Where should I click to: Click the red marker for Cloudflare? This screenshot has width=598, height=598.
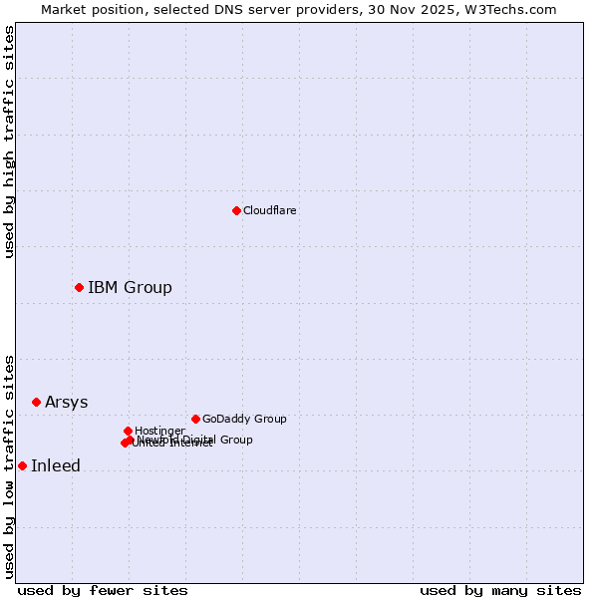coord(236,210)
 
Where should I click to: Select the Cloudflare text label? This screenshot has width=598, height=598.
coord(269,210)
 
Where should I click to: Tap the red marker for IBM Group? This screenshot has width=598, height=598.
coord(79,287)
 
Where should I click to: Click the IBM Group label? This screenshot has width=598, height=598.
coord(130,287)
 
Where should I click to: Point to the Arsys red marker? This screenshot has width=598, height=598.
coord(36,402)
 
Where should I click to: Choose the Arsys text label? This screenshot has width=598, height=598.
coord(66,402)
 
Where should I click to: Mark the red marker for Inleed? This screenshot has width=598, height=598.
coord(22,465)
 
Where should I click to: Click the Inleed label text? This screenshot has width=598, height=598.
coord(55,465)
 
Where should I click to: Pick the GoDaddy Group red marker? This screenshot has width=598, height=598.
coord(195,419)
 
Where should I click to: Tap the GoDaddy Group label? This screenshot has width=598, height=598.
coord(244,419)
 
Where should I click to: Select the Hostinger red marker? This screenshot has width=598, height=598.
coord(128,431)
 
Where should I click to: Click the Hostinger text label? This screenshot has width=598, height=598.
coord(159,431)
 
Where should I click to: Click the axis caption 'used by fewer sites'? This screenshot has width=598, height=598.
coord(103,590)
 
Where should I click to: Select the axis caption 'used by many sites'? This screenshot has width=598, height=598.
coord(500,590)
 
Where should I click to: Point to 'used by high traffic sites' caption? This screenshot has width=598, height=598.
coord(9,142)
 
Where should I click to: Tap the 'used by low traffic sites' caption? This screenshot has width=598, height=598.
coord(9,465)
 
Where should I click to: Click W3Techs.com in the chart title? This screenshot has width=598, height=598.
coord(514,9)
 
